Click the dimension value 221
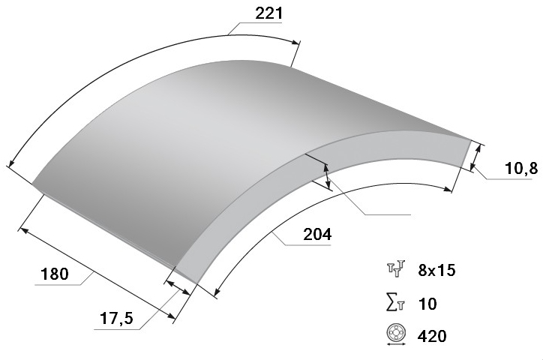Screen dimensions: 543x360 pos(269,13)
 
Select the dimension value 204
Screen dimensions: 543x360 pos(317,234)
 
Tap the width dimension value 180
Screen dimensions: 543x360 pos(55,274)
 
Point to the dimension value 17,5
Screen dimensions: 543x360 pos(116,318)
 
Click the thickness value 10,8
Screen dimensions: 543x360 pos(521,169)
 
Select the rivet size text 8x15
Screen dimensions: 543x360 pos(436,270)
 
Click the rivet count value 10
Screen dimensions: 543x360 pos(427,304)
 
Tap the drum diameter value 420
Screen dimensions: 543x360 pos(432,336)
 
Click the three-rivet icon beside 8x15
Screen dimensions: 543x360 pos(396,268)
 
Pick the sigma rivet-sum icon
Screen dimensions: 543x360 pos(395,303)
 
